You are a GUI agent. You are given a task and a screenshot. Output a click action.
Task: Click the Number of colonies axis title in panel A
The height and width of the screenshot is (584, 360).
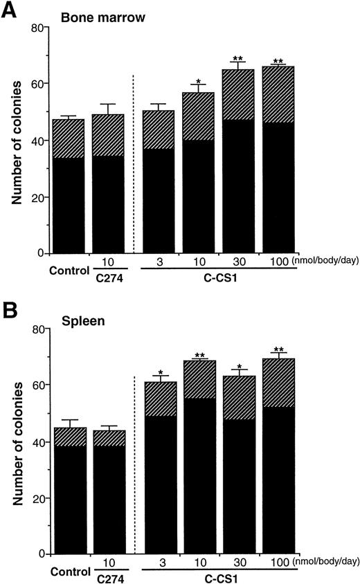coord(15,142)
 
